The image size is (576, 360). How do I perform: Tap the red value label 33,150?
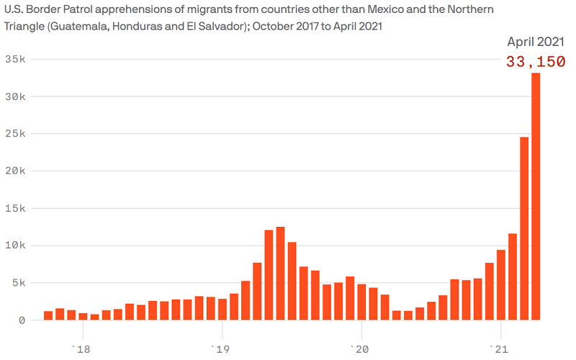535,62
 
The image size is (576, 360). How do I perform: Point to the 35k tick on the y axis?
14,59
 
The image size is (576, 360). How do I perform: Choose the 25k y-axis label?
14,134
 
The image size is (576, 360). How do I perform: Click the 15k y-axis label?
14,208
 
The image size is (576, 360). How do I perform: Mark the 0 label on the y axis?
21,320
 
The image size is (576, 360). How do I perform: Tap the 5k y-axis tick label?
17,282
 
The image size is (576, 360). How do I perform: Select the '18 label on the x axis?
81,349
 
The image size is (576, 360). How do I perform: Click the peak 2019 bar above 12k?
280,273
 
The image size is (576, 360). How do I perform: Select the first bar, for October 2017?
48,315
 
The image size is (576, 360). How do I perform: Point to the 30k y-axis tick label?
14,96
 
